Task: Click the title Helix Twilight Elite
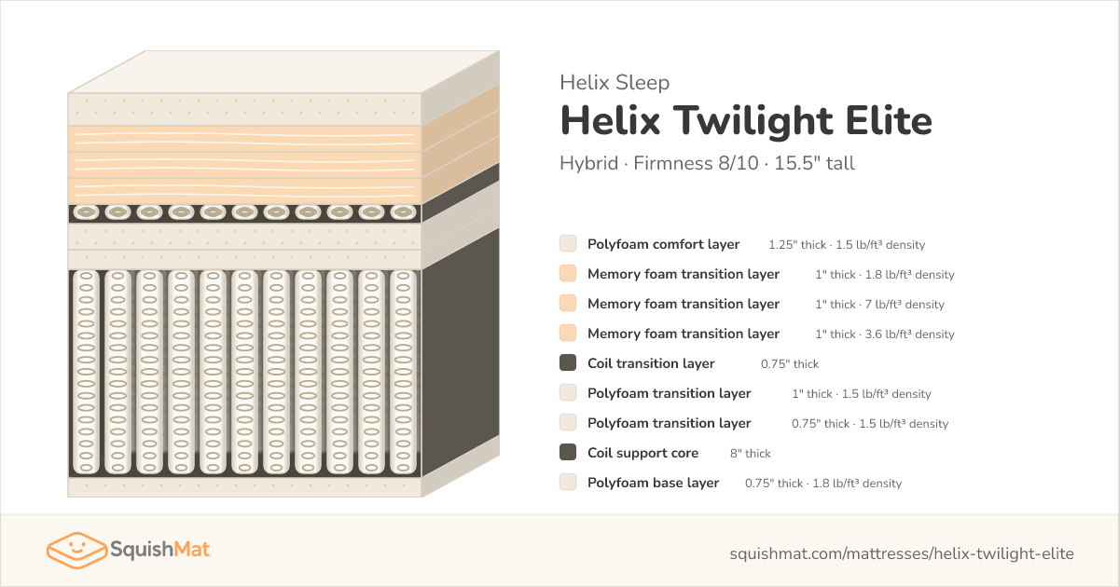(746, 121)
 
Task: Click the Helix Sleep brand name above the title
(615, 82)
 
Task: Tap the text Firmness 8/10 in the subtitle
(696, 163)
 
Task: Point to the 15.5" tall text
(814, 163)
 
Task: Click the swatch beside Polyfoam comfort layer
(568, 243)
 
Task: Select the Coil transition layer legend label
(651, 363)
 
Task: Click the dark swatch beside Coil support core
(568, 452)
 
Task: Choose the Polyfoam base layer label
(653, 483)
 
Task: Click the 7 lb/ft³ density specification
(905, 305)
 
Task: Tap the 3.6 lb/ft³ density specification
(909, 334)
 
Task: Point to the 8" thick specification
(751, 453)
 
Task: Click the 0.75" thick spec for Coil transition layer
(790, 364)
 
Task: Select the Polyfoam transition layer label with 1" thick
(669, 393)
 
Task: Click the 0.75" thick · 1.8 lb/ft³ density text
(823, 484)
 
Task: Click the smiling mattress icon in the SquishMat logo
(76, 550)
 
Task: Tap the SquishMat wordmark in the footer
(160, 550)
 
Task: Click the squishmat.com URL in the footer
(902, 553)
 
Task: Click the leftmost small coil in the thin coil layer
(86, 212)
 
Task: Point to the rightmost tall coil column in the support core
(403, 372)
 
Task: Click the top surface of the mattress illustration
(283, 72)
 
